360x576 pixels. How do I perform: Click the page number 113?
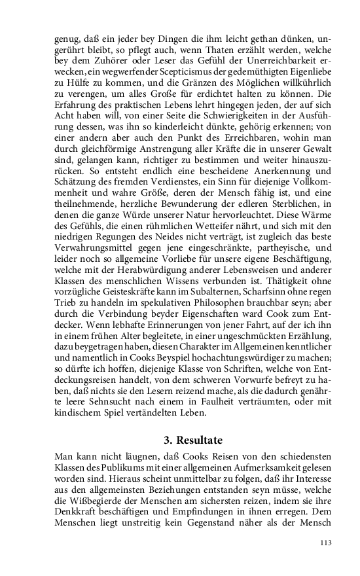click(x=325, y=543)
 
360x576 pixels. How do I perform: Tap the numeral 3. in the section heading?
click(x=168, y=440)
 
